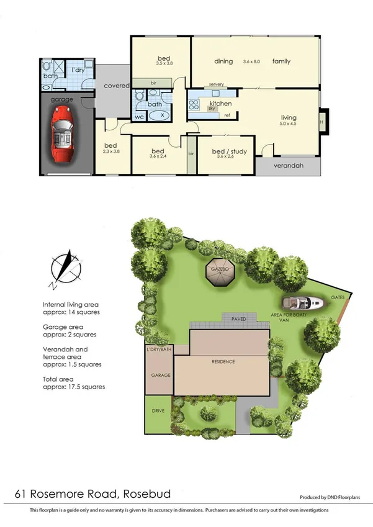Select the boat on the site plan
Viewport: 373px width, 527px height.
pyautogui.click(x=303, y=304)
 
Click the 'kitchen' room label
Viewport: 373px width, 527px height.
pyautogui.click(x=220, y=103)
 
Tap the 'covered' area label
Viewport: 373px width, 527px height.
pyautogui.click(x=116, y=85)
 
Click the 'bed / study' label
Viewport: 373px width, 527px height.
pyautogui.click(x=226, y=151)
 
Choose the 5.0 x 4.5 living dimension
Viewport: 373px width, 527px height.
pyautogui.click(x=289, y=124)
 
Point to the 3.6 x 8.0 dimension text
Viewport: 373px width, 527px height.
pyautogui.click(x=254, y=61)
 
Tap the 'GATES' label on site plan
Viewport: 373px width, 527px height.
pyautogui.click(x=338, y=297)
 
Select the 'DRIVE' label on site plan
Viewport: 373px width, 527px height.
pyautogui.click(x=157, y=411)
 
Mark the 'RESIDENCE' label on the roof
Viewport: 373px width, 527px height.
pyautogui.click(x=222, y=361)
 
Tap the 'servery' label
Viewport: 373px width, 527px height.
pyautogui.click(x=217, y=84)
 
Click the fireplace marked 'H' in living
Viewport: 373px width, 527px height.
pyautogui.click(x=321, y=122)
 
